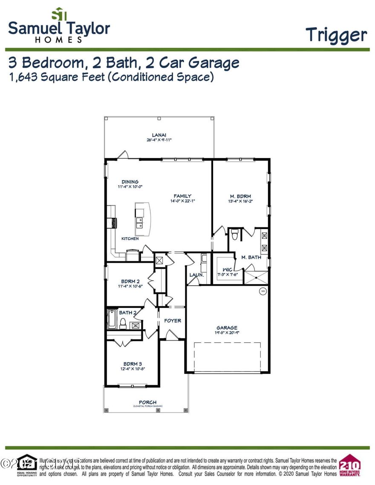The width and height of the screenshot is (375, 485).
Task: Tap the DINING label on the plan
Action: tap(130, 182)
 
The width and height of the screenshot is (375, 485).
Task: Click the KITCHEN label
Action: tap(130, 238)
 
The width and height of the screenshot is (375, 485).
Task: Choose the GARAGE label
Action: tap(227, 327)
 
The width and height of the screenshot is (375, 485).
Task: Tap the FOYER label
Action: tap(173, 321)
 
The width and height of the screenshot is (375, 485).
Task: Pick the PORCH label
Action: tap(147, 402)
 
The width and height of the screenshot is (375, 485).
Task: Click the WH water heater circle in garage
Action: tap(263, 291)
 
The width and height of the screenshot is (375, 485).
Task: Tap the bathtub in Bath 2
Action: tap(112, 320)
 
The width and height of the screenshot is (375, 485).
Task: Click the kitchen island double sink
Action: tap(139, 222)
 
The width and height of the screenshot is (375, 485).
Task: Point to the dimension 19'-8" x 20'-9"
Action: tap(227, 333)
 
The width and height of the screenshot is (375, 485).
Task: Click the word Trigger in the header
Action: tap(336, 35)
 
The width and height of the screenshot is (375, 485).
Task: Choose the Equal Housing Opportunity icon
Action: tap(27, 465)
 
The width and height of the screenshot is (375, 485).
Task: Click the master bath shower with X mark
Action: tap(256, 277)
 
